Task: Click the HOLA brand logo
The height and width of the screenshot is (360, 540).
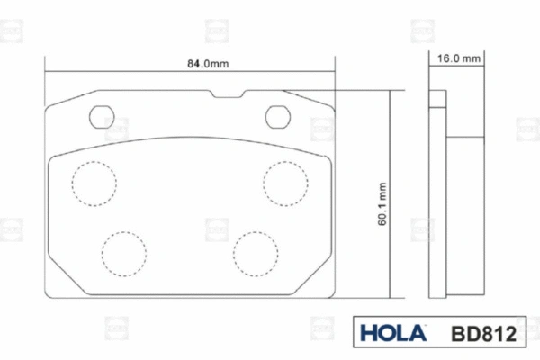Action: pyautogui.click(x=394, y=334)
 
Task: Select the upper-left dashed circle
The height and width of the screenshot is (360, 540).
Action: pyautogui.click(x=90, y=183)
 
